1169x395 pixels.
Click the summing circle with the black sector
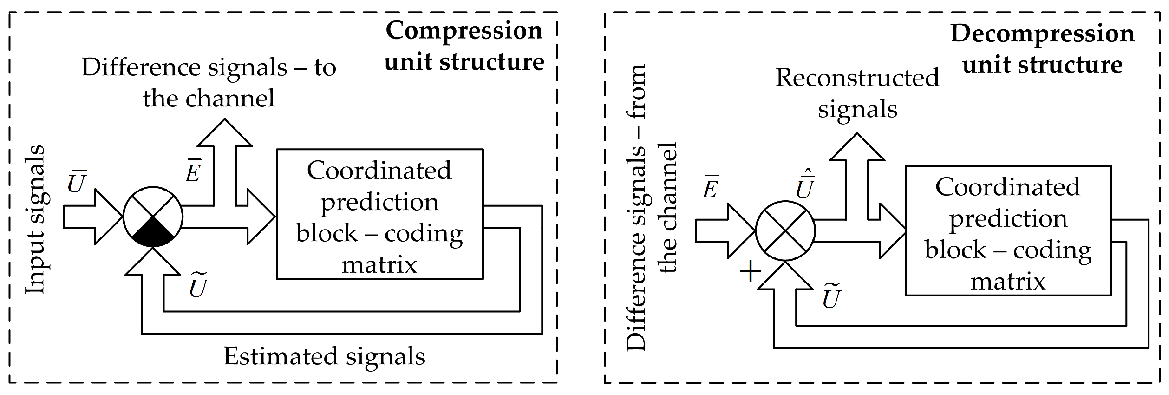(153, 217)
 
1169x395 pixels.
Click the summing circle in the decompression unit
(785, 231)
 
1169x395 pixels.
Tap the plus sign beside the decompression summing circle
(751, 271)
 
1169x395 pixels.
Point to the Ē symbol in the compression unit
(193, 171)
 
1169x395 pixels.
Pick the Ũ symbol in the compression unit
(198, 285)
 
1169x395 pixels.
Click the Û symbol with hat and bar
(805, 184)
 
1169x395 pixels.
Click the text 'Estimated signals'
(325, 356)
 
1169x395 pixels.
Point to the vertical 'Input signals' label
(35, 219)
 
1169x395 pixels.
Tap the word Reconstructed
(857, 77)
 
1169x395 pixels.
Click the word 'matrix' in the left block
(379, 265)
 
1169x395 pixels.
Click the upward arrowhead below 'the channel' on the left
(225, 133)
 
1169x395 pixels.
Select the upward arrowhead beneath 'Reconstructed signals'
(857, 147)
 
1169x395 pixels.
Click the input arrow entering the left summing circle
(93, 217)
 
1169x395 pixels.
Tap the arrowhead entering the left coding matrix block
(261, 217)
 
